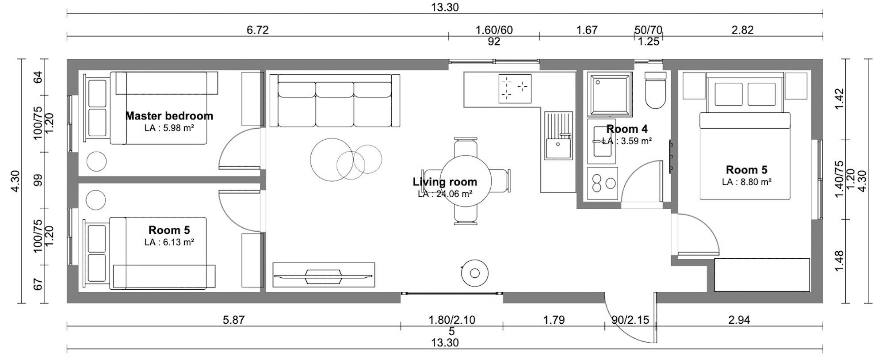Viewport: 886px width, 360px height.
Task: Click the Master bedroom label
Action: [169, 116]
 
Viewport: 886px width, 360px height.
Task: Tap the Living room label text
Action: [445, 182]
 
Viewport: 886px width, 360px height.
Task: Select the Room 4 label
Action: [627, 129]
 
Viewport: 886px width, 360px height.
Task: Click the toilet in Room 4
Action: [655, 90]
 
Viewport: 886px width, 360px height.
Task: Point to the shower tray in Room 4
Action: [609, 94]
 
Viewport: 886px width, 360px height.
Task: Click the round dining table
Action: [466, 181]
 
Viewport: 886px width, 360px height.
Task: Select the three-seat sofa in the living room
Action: [335, 100]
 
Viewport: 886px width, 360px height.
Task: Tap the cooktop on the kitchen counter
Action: [515, 88]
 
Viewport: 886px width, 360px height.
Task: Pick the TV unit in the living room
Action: [324, 275]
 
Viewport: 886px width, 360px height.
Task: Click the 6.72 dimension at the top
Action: [258, 30]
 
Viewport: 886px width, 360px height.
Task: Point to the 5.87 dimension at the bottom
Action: [233, 320]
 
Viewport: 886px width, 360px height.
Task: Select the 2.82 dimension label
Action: [742, 30]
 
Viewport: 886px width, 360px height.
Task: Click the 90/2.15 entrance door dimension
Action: [630, 320]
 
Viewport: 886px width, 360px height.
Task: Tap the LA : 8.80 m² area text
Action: [747, 182]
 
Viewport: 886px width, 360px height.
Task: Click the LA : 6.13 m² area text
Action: [169, 242]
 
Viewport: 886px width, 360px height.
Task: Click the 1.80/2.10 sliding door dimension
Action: [452, 320]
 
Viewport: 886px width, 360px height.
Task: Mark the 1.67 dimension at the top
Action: [587, 30]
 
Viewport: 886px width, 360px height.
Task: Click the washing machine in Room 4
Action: [602, 184]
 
